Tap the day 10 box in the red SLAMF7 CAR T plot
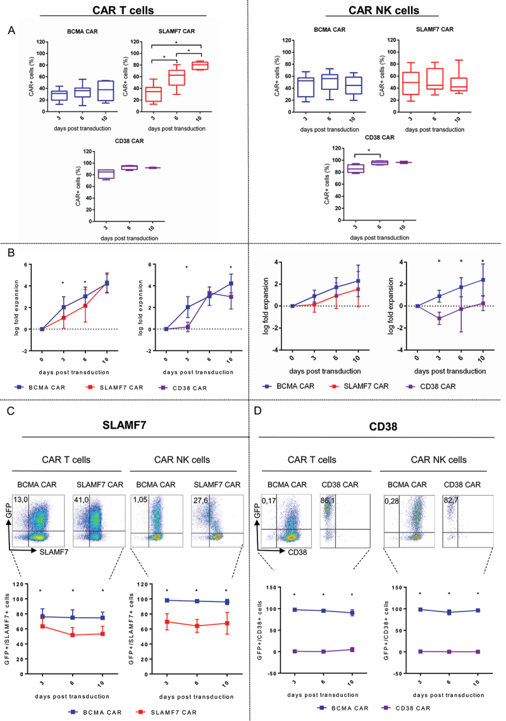click(x=201, y=65)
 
